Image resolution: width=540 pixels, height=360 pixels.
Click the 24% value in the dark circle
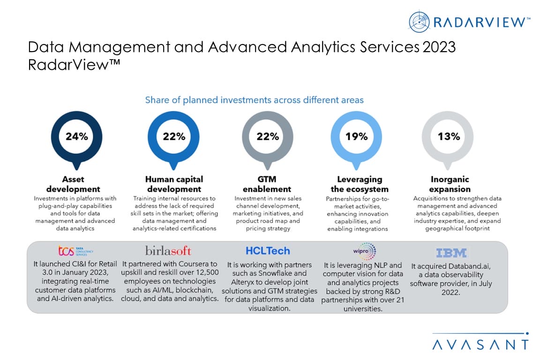click(76, 136)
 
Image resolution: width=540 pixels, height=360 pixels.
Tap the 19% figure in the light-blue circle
click(356, 136)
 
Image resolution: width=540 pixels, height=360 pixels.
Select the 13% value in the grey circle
click(449, 136)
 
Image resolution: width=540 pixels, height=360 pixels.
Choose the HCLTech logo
click(268, 251)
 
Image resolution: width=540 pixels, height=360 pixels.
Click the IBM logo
click(451, 253)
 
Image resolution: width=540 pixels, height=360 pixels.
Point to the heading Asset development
click(75, 184)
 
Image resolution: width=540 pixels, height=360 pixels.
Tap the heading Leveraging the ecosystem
click(360, 184)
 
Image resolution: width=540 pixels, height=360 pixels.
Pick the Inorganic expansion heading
click(450, 184)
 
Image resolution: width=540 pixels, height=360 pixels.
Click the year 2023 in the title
click(438, 48)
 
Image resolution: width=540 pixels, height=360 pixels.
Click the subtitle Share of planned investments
click(254, 100)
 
